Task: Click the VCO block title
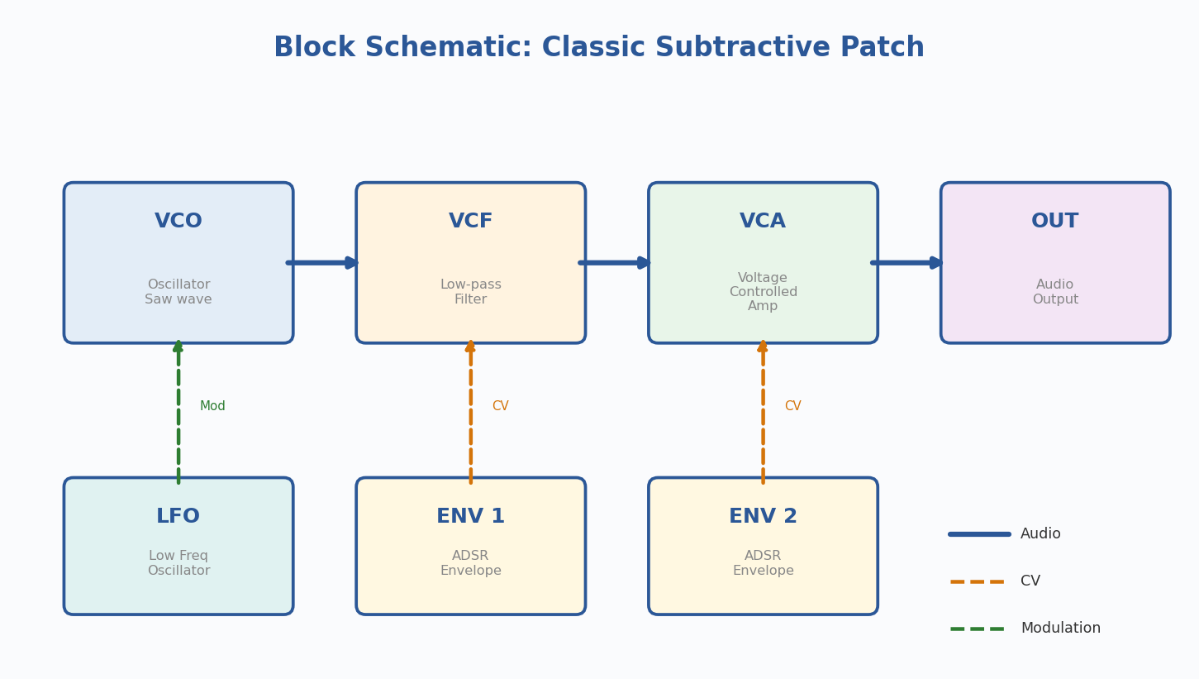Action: pos(178,222)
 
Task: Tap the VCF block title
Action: pos(471,222)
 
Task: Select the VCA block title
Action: pos(763,222)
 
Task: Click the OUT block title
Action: pos(1055,222)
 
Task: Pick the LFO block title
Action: pos(178,517)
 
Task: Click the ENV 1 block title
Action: pos(471,517)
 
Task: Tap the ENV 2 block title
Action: pos(763,517)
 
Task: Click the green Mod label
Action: pos(212,406)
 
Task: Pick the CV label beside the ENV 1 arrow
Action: pos(501,406)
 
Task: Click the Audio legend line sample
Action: pos(979,534)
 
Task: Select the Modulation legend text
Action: pos(1060,629)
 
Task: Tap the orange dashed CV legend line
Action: pos(978,581)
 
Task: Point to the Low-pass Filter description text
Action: pos(471,292)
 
